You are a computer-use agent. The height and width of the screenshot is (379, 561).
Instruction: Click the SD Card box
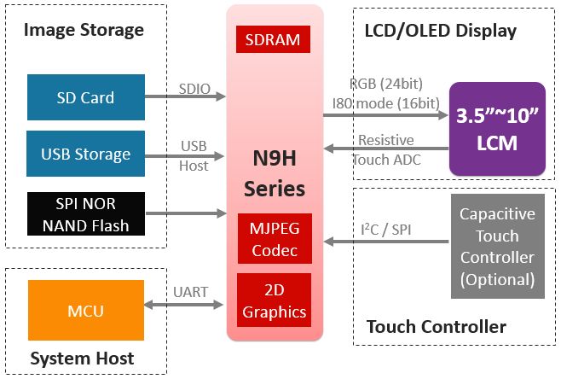click(85, 97)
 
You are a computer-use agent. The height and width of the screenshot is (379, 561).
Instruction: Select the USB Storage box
click(85, 155)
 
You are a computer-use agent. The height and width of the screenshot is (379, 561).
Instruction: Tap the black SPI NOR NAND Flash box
click(85, 213)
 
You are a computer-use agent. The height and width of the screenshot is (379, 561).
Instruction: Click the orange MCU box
click(85, 311)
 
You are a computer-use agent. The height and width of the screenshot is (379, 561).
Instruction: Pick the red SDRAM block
click(274, 38)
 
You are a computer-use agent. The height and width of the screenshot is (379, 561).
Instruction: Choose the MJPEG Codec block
click(274, 238)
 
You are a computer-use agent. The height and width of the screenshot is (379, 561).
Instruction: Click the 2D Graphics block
click(274, 300)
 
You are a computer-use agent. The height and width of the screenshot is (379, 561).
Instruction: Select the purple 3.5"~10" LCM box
click(497, 129)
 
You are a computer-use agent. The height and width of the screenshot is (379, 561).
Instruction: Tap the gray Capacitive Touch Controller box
click(497, 247)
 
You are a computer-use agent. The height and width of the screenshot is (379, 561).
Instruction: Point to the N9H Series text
click(274, 173)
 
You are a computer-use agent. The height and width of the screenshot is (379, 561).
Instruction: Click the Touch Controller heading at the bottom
click(436, 327)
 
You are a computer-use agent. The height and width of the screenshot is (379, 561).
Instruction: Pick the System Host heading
click(82, 358)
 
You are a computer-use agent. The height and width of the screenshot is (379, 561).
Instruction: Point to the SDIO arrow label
click(194, 89)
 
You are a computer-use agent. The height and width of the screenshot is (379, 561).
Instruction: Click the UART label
click(190, 292)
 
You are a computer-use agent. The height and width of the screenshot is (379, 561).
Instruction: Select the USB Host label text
click(194, 156)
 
